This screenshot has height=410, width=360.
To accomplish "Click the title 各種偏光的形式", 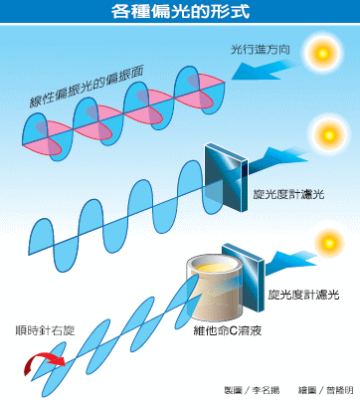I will point(179,13).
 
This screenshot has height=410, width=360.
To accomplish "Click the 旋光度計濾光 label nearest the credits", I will point(304,296).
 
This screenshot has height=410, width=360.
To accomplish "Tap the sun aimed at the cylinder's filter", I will point(328,243).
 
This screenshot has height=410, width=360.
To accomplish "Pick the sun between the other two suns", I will point(327,131).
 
